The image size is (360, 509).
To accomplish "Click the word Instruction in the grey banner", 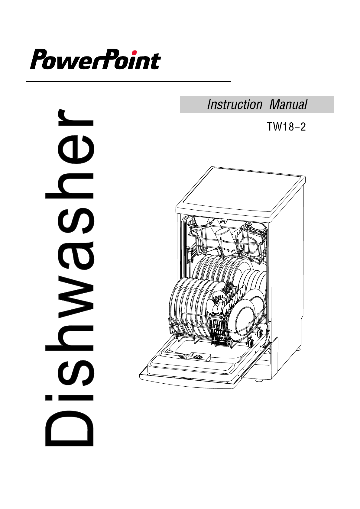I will pyautogui.click(x=235, y=105).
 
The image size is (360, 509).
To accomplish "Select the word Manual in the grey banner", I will pyautogui.click(x=288, y=105).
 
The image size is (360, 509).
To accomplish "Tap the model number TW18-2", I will pyautogui.click(x=286, y=127).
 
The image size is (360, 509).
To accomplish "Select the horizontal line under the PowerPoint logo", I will pyautogui.click(x=128, y=82).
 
